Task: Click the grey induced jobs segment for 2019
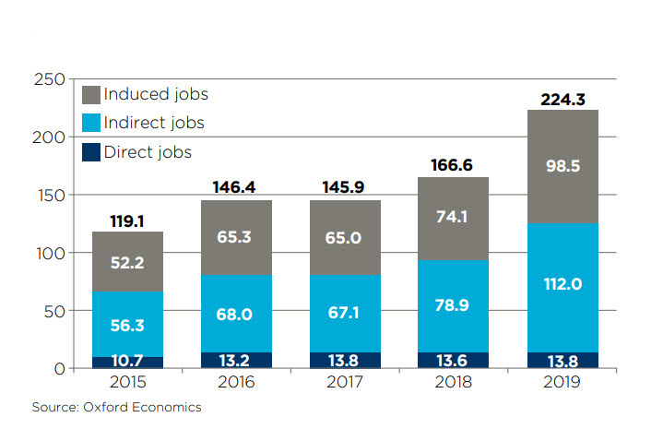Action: point(562,167)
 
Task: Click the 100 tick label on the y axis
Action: point(53,253)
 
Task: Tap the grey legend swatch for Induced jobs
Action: point(90,94)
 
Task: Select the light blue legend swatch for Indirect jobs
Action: point(90,123)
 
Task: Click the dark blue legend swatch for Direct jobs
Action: point(90,151)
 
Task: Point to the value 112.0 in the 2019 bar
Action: point(562,285)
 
